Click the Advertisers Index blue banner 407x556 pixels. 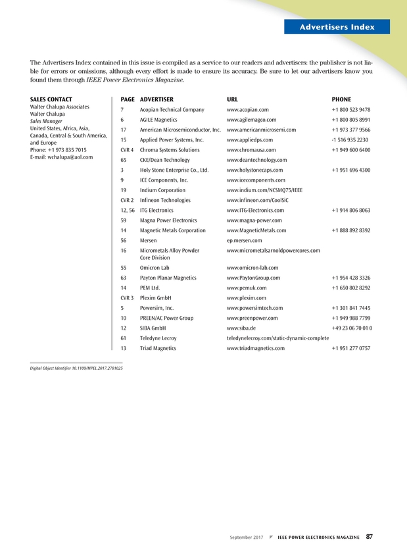point(337,27)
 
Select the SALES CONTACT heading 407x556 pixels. point(51,99)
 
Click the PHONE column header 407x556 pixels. point(341,99)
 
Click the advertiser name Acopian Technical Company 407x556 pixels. point(172,110)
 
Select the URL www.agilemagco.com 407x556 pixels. point(251,120)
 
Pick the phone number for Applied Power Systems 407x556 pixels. point(350,140)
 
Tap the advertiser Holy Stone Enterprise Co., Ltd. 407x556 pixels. point(174,170)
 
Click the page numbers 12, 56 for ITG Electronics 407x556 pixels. point(128,211)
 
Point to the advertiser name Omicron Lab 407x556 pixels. point(155,268)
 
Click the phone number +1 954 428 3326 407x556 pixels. point(351,278)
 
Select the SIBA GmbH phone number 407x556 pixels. point(352,328)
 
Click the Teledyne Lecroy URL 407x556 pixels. point(277,338)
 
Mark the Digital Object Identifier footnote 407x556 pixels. point(76,368)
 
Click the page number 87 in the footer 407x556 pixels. point(370,537)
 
